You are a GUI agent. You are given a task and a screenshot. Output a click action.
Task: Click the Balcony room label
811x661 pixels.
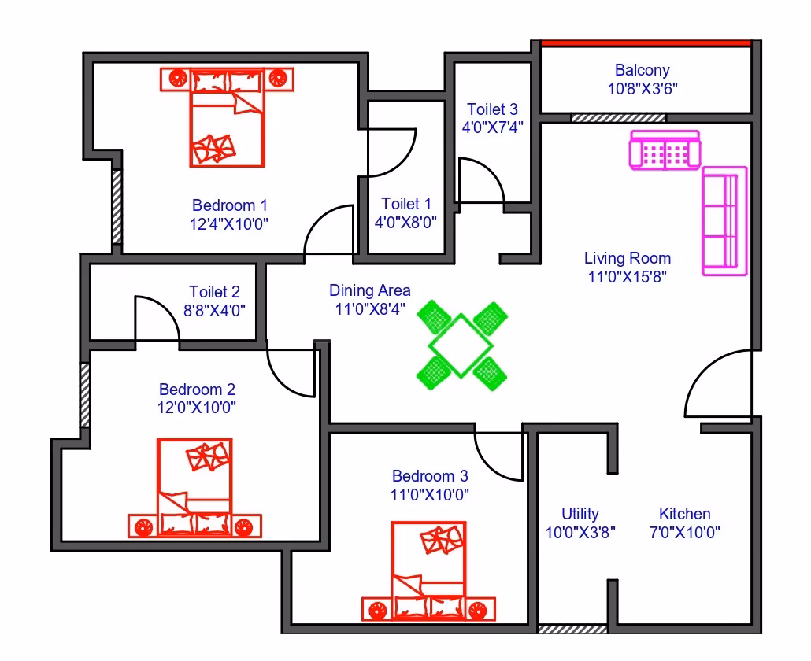[642, 70]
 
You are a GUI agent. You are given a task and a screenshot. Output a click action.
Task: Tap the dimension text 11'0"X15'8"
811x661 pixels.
[627, 276]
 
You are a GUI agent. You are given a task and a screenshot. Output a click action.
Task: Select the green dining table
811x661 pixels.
[461, 345]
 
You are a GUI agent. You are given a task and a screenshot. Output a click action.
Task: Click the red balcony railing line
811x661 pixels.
[646, 43]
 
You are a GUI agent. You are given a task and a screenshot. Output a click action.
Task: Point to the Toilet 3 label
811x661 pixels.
[492, 109]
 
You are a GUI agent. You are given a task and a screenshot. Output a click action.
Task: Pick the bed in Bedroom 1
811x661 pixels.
[227, 117]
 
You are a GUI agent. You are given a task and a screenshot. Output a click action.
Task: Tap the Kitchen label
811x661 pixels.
[684, 514]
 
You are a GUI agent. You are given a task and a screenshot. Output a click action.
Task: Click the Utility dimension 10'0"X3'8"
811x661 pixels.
[580, 532]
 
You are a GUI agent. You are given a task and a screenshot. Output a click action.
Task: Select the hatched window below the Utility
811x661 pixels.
[572, 629]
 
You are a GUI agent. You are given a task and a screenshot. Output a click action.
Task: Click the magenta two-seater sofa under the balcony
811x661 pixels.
[665, 150]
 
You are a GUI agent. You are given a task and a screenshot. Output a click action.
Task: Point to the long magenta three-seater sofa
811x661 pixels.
[724, 220]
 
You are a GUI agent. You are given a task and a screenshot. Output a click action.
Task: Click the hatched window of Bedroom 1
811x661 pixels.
[117, 207]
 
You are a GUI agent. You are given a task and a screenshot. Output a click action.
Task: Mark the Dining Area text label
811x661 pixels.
[370, 290]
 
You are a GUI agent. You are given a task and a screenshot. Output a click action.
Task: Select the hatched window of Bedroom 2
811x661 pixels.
[85, 395]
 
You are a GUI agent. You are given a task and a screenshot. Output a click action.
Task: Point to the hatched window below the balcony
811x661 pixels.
[618, 118]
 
